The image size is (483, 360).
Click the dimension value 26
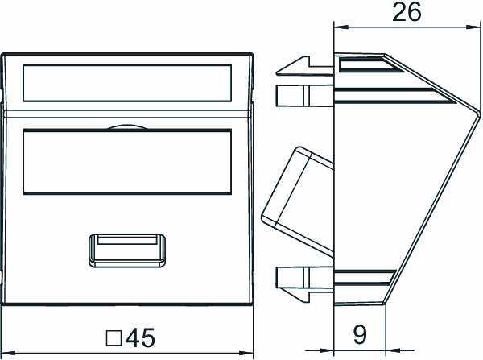coord(407,12)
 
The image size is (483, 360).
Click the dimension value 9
coord(360,335)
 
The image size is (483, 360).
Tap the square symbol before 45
coord(114,338)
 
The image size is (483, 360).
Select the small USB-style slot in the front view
coord(127,250)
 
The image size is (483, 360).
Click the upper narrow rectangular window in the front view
coord(127,83)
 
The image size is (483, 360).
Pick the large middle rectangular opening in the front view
coord(127,162)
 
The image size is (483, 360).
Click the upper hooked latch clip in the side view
coord(304,66)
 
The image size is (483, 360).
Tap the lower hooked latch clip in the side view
coord(304,289)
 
